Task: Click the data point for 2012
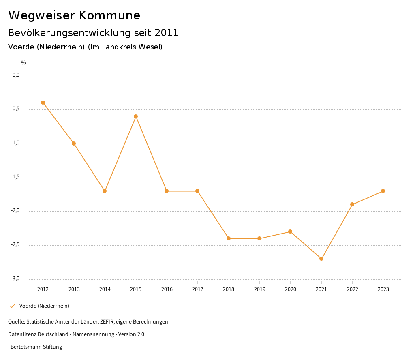[x=43, y=103]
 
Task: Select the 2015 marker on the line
[x=136, y=116]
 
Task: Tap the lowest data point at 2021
[x=321, y=259]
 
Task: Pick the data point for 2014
[x=105, y=191]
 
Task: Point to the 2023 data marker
[x=383, y=191]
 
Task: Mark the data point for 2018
[x=229, y=238]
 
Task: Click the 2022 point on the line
[x=352, y=204]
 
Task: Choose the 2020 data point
[x=290, y=231]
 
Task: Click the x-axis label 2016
[x=167, y=289]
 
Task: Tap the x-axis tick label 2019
[x=259, y=289]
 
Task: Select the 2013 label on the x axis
[x=74, y=289]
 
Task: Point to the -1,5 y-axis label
[x=15, y=177]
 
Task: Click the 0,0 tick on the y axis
[x=16, y=75]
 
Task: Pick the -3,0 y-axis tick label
[x=15, y=279]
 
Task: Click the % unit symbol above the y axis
[x=24, y=63]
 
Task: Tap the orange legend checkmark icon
[x=12, y=306]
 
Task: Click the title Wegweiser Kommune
[x=74, y=15]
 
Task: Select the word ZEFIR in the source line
[x=108, y=322]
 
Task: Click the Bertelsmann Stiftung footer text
[x=36, y=347]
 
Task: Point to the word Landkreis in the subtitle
[x=119, y=47]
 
